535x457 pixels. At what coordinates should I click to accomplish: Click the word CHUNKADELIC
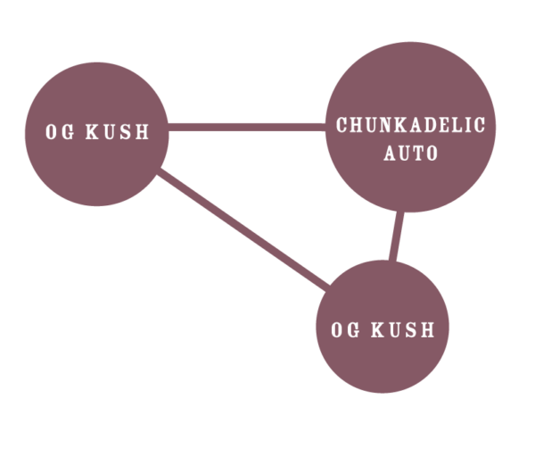point(410,125)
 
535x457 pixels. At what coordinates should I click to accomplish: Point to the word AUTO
point(410,154)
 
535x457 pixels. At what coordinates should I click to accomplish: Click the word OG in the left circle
point(59,133)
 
